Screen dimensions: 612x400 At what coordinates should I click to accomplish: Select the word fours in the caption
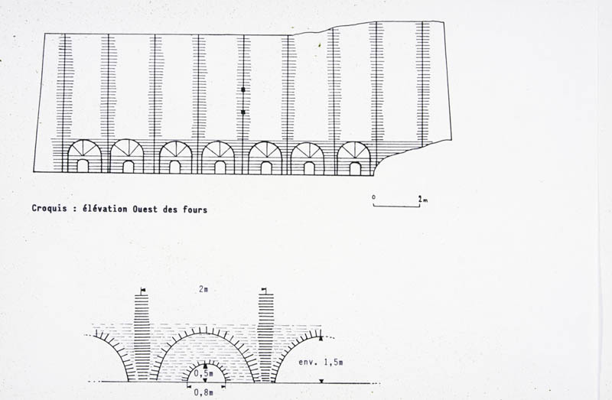pyautogui.click(x=195, y=210)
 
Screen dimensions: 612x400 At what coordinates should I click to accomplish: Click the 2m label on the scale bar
pyautogui.click(x=423, y=200)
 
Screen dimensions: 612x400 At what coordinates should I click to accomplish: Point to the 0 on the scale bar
pyautogui.click(x=373, y=197)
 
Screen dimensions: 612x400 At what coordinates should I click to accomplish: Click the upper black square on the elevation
pyautogui.click(x=243, y=89)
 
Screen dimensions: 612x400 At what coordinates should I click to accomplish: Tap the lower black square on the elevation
pyautogui.click(x=243, y=112)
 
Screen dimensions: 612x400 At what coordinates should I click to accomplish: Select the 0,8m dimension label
pyautogui.click(x=203, y=392)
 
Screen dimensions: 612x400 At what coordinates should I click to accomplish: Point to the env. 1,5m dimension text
pyautogui.click(x=321, y=363)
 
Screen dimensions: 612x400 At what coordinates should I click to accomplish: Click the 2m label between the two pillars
pyautogui.click(x=203, y=289)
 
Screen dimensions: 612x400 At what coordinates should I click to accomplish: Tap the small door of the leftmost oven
pyautogui.click(x=83, y=165)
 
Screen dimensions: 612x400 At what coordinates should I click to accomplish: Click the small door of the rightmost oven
pyautogui.click(x=355, y=168)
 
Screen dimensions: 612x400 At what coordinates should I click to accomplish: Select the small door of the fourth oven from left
pyautogui.click(x=220, y=167)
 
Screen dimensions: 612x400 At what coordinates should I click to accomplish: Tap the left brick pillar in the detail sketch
pyautogui.click(x=142, y=337)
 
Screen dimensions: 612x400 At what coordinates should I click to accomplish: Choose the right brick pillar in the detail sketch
pyautogui.click(x=265, y=337)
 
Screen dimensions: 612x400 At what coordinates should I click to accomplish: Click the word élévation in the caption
pyautogui.click(x=105, y=209)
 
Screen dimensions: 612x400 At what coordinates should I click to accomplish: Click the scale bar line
pyautogui.click(x=396, y=206)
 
